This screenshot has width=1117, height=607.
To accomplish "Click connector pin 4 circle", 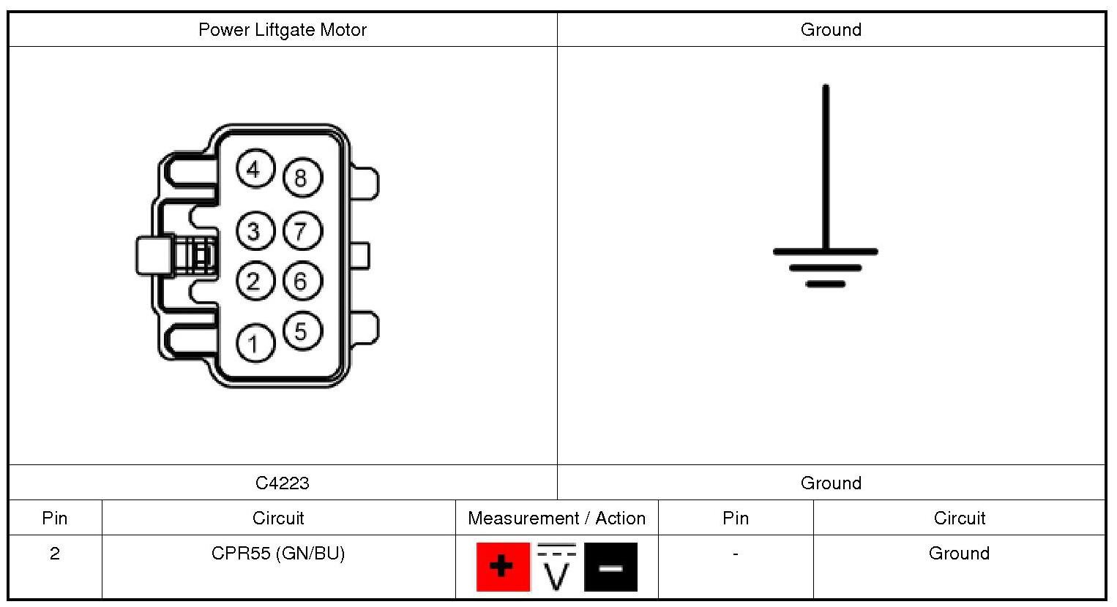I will pyautogui.click(x=255, y=169).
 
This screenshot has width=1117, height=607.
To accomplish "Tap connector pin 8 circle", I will pyautogui.click(x=301, y=178).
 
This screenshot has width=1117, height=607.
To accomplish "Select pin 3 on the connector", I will pyautogui.click(x=254, y=232).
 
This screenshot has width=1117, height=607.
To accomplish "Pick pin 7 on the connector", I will pyautogui.click(x=301, y=232).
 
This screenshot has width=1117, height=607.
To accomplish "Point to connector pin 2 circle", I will pyautogui.click(x=254, y=281).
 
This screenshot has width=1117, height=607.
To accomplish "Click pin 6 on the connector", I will pyautogui.click(x=301, y=281).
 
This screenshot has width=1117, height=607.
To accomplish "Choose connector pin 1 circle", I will pyautogui.click(x=254, y=343).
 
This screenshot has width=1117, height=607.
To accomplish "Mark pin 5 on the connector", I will pyautogui.click(x=301, y=331).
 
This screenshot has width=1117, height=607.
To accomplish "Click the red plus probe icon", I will pyautogui.click(x=502, y=567).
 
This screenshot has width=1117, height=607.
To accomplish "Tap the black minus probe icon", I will pyautogui.click(x=610, y=567).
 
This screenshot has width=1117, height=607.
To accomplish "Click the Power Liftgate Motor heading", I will pyautogui.click(x=282, y=30).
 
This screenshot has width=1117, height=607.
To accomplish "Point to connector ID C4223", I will pyautogui.click(x=282, y=483).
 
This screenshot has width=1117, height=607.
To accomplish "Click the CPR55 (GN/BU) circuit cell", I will pyautogui.click(x=278, y=554).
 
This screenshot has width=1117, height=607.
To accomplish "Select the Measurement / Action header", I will pyautogui.click(x=556, y=518).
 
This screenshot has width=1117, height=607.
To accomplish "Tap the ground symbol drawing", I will pyautogui.click(x=826, y=219).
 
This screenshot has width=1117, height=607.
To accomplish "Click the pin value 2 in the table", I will pyautogui.click(x=55, y=554).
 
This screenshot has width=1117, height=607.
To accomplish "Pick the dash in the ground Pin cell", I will pyautogui.click(x=735, y=554).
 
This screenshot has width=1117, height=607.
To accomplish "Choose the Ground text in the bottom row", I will pyautogui.click(x=959, y=554).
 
